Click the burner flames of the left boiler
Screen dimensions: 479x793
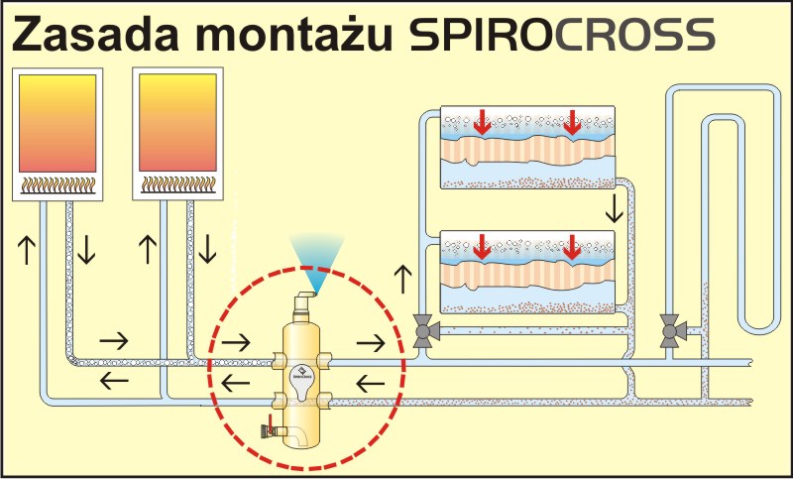pyautogui.click(x=58, y=183)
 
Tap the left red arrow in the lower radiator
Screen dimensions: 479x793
pyautogui.click(x=482, y=247)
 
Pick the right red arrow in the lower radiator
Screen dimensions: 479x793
pyautogui.click(x=571, y=247)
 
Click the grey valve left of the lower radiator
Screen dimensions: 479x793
pyautogui.click(x=423, y=328)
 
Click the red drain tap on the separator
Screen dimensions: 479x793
pyautogui.click(x=269, y=429)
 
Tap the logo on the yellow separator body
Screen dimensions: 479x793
pyautogui.click(x=303, y=376)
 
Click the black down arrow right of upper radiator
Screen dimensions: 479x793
pyautogui.click(x=615, y=208)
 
